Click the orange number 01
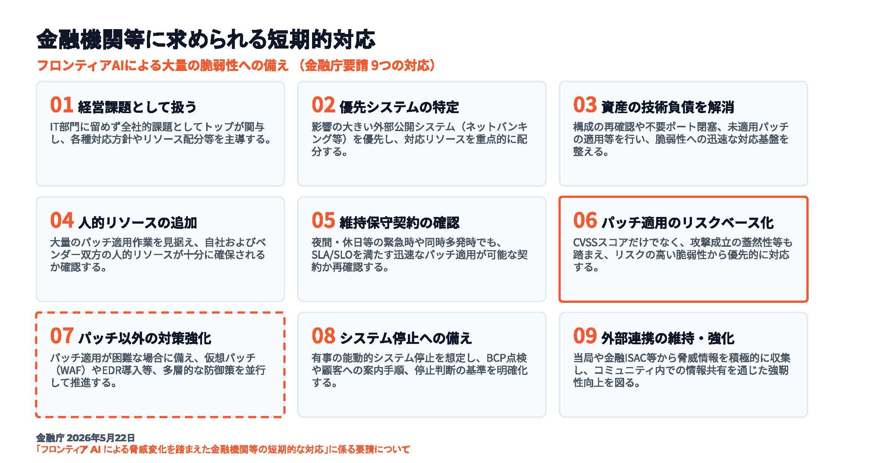(x=61, y=105)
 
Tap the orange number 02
(x=323, y=105)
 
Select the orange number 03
(x=585, y=105)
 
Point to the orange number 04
(x=62, y=220)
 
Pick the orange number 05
(x=323, y=220)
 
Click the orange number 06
(x=585, y=220)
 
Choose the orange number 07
(x=62, y=336)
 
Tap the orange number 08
(x=323, y=336)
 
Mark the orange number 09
(x=585, y=336)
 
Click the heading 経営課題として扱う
(x=137, y=107)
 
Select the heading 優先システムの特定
(x=399, y=107)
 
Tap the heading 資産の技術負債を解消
(x=668, y=107)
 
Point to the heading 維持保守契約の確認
(x=399, y=223)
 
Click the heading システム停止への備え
(x=406, y=338)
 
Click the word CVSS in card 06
(x=585, y=243)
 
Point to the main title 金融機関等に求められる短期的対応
(x=206, y=39)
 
